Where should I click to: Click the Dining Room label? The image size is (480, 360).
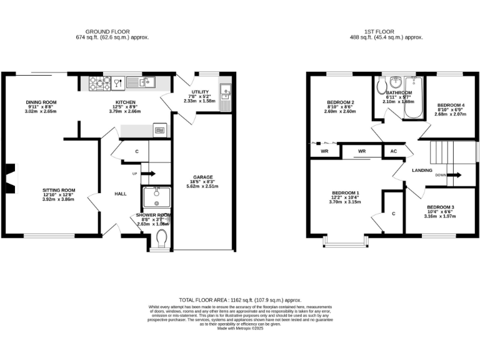(x=41, y=102)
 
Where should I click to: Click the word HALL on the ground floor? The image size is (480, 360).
(x=121, y=194)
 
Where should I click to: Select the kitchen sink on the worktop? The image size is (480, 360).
(x=139, y=81)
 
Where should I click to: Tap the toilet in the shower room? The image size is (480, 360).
(x=161, y=239)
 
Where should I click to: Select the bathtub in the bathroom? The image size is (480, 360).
(x=413, y=97)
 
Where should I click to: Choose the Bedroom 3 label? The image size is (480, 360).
(x=441, y=207)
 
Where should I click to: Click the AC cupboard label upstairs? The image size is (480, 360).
(x=394, y=151)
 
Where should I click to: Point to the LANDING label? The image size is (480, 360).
(x=423, y=170)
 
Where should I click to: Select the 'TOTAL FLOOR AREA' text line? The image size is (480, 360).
(x=239, y=300)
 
